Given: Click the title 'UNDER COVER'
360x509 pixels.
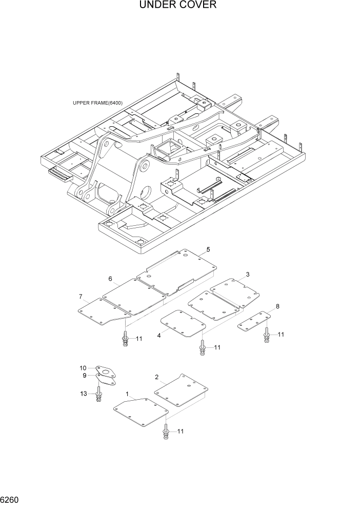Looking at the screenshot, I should (x=177, y=6).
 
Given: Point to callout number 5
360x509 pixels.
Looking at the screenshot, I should (x=208, y=249).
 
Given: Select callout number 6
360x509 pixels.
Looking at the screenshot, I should (x=110, y=279).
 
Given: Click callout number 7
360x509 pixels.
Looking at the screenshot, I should (x=81, y=297).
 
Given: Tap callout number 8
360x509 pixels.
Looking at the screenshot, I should (x=277, y=306).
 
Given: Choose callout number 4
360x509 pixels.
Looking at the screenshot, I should (x=159, y=336).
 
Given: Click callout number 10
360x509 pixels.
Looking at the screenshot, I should (x=83, y=368).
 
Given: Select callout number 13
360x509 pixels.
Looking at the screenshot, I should (x=84, y=394).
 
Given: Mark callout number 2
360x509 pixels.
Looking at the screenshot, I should (x=156, y=377).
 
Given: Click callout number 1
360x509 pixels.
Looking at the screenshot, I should (x=127, y=394).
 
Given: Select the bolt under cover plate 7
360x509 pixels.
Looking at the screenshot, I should (x=125, y=339).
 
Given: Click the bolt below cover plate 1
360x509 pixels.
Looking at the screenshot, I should (x=166, y=432).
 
